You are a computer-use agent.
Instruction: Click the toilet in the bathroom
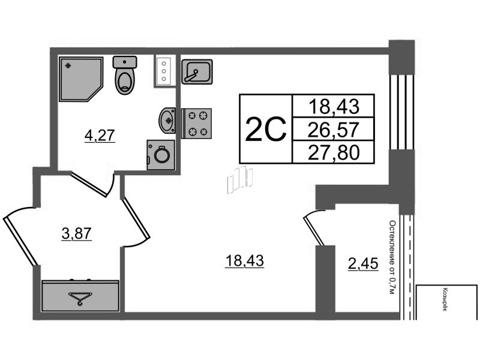point(125,74)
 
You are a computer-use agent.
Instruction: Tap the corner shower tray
point(80,79)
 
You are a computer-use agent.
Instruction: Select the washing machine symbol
point(161,155)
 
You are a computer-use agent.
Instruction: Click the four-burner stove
point(197,124)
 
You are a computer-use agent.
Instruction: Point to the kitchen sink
point(197,71)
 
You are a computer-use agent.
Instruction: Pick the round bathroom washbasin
point(167,121)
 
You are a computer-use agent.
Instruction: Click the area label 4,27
point(100,136)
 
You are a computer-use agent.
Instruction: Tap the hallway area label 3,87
point(77,234)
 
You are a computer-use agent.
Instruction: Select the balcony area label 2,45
point(363,263)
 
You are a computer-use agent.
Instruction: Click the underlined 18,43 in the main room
point(244,262)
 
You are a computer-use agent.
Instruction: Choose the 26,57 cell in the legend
point(333,129)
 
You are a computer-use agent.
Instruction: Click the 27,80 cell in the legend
point(333,152)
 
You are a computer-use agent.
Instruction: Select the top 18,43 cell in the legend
point(333,106)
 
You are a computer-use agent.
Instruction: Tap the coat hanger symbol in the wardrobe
point(80,298)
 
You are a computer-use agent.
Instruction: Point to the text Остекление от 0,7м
point(392,257)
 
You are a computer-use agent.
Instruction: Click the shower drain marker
point(68,65)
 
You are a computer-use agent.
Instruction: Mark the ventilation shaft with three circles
point(164,71)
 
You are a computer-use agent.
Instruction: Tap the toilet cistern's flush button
point(125,62)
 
